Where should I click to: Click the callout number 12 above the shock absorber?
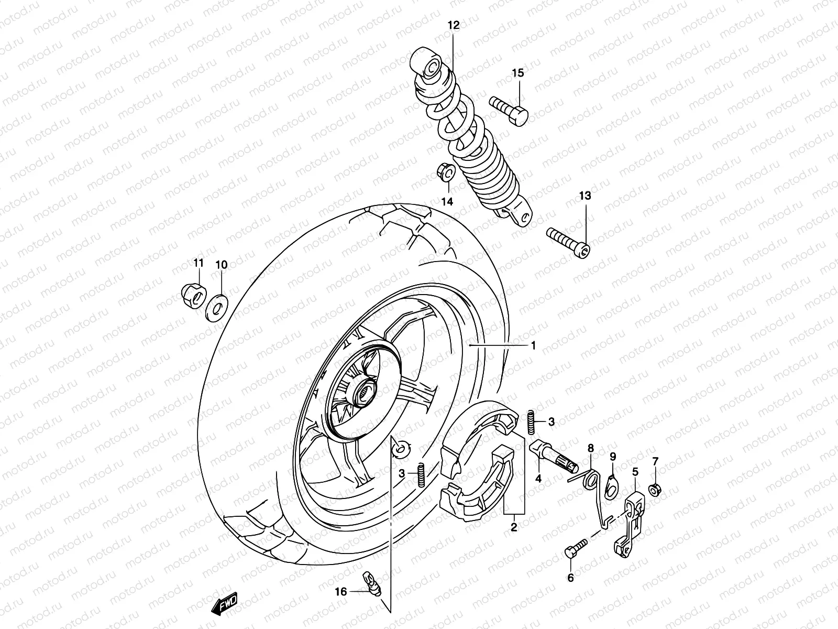pyautogui.click(x=453, y=25)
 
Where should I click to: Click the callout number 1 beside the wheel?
pyautogui.click(x=533, y=345)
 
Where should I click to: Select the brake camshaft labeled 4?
pyautogui.click(x=553, y=456)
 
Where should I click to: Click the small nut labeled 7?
pyautogui.click(x=654, y=490)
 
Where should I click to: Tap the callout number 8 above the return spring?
pyautogui.click(x=591, y=448)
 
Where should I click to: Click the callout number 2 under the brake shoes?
pyautogui.click(x=514, y=527)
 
